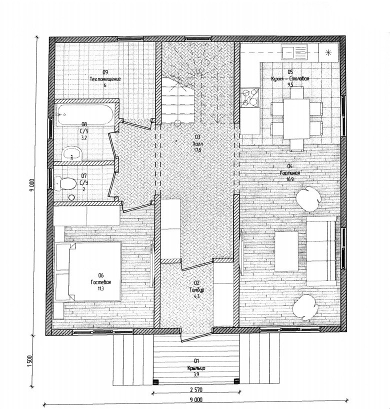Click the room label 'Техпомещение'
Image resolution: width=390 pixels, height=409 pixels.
pyautogui.click(x=105, y=79)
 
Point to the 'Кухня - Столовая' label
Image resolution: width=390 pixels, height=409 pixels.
pyautogui.click(x=290, y=79)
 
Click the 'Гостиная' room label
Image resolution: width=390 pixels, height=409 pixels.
pyautogui.click(x=290, y=172)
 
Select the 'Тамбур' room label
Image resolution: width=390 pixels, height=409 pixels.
pyautogui.click(x=196, y=290)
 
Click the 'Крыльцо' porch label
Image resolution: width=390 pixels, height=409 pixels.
pyautogui.click(x=196, y=368)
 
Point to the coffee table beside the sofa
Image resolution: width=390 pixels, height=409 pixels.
pyautogui.click(x=286, y=250)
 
